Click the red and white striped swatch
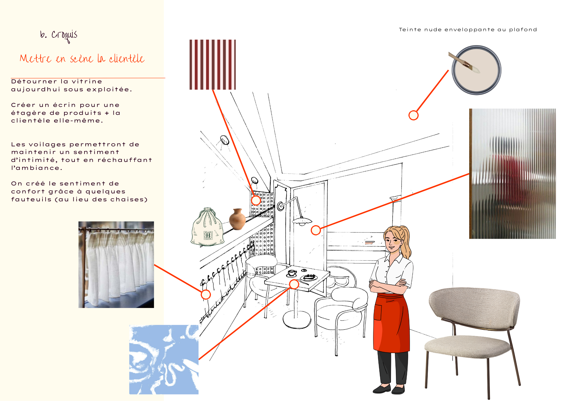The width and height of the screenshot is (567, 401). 213,65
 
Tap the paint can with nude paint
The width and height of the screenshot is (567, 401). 477,70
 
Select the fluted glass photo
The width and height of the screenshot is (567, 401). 513,174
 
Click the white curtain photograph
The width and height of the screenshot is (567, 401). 116,265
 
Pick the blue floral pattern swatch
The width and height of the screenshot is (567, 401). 164,360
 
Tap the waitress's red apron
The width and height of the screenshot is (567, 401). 392,323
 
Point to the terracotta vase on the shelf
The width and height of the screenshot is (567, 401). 237,219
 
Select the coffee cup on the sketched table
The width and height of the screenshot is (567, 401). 292,273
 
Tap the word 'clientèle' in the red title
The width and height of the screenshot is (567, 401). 127,59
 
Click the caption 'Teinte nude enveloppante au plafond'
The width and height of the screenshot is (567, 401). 468,29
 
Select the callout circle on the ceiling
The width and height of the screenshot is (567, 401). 414,115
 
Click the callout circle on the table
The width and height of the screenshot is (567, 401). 294,284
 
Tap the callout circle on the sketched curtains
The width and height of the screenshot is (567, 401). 206,295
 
